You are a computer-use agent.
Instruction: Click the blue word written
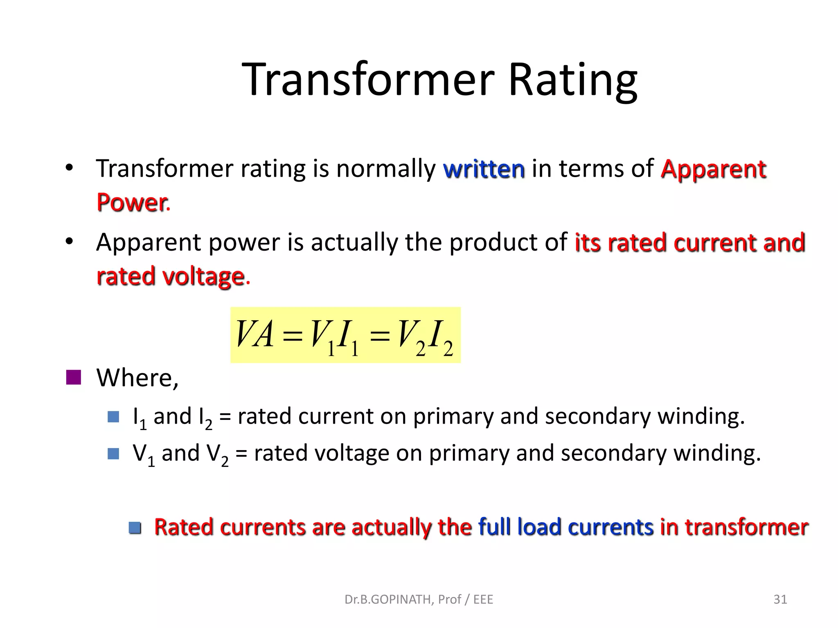click(484, 169)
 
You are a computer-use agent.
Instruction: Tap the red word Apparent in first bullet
click(713, 169)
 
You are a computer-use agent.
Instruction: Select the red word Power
click(132, 203)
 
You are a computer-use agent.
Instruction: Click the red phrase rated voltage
click(171, 276)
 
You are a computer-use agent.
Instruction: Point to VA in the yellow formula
click(255, 334)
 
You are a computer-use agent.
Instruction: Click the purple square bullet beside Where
click(74, 377)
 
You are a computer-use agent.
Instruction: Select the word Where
click(137, 377)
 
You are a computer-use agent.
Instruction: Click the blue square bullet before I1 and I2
click(113, 417)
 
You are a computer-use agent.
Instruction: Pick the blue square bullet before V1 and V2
click(113, 453)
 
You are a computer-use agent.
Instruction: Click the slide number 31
click(780, 599)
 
